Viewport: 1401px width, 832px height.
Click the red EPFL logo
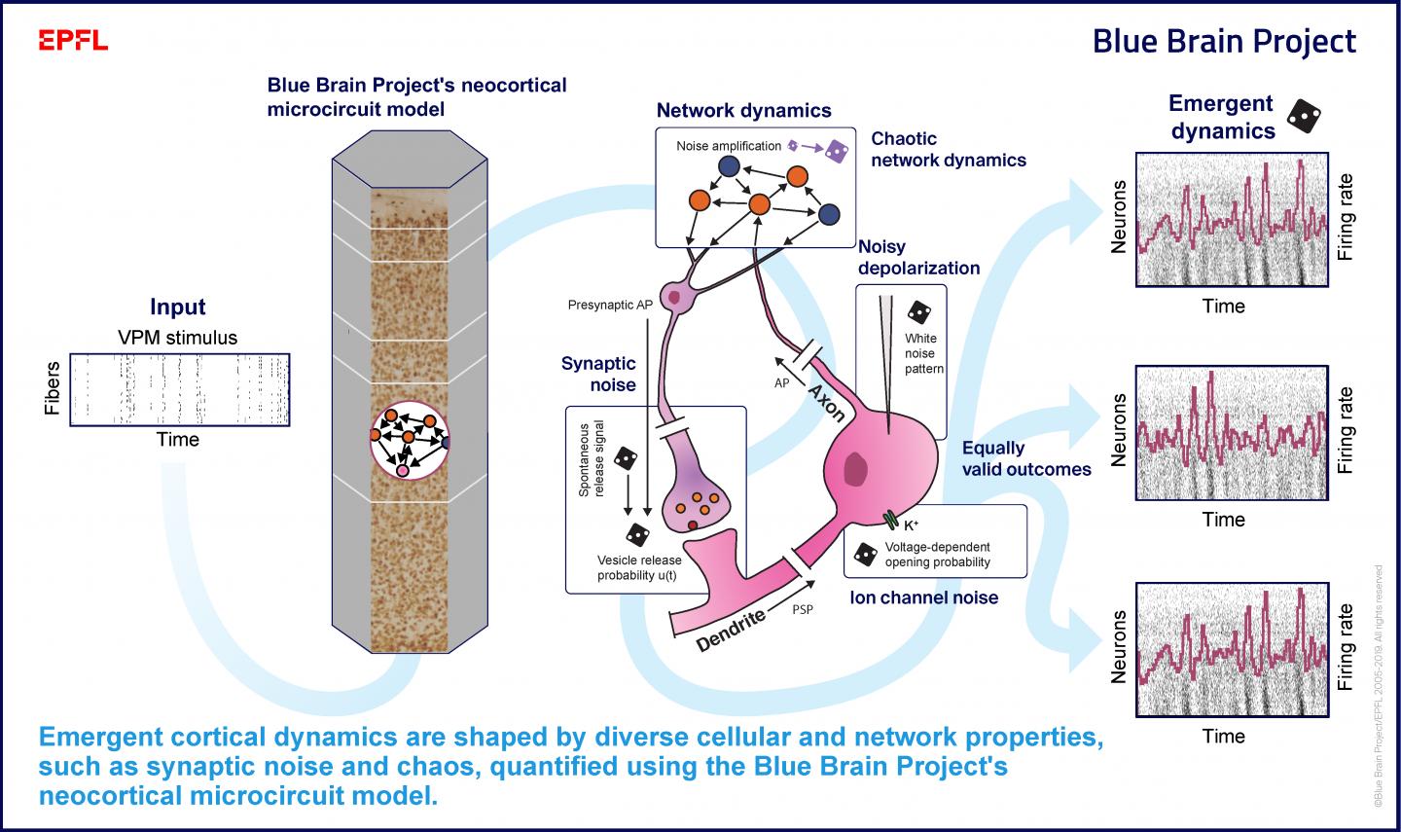73,41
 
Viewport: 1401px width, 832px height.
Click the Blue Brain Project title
1223,42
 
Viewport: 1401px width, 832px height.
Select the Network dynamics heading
743,110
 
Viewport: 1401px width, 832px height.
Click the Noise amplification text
729,146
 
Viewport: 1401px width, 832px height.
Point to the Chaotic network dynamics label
948,149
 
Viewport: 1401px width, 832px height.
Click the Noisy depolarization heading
918,258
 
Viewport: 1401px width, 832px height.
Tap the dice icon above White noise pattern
917,312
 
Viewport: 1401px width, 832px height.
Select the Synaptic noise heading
598,374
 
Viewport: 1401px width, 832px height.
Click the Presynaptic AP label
610,306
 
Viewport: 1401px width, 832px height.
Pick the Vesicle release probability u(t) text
638,567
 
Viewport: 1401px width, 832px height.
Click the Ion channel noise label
923,597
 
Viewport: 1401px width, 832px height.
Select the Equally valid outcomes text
1025,458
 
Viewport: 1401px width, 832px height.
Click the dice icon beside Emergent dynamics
1304,117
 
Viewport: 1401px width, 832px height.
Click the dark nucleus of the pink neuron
855,469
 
